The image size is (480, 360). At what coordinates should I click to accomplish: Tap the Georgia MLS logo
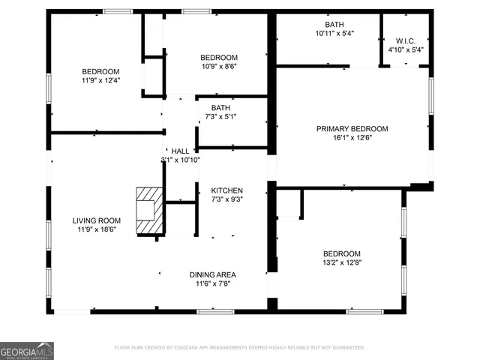(x=27, y=350)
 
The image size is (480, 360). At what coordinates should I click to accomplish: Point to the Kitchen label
(x=226, y=189)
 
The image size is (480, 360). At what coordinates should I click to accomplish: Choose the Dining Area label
(x=212, y=274)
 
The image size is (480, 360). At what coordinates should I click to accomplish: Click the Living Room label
(x=97, y=220)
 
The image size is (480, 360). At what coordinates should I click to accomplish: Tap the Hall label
(x=180, y=151)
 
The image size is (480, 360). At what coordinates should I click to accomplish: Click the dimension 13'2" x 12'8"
(x=341, y=262)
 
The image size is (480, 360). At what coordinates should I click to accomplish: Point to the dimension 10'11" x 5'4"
(x=334, y=33)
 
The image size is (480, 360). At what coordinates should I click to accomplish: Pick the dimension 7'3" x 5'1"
(x=220, y=117)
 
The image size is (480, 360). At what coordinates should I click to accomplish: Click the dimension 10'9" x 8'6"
(x=219, y=67)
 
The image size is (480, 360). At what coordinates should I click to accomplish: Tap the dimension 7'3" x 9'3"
(x=226, y=199)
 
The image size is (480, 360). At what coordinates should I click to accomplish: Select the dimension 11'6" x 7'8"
(x=212, y=283)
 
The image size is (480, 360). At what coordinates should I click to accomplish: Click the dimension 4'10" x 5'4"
(x=406, y=49)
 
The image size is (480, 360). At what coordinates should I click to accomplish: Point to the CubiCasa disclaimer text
(x=239, y=347)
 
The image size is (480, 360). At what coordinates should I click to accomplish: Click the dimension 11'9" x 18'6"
(x=97, y=229)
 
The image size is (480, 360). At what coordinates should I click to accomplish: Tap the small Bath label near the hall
(x=220, y=108)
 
